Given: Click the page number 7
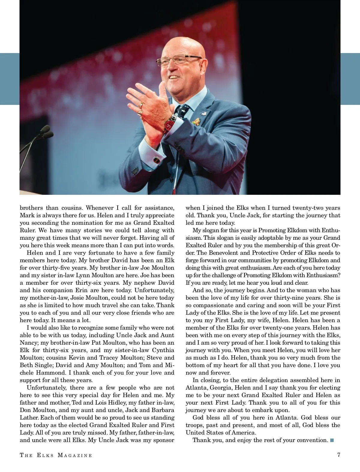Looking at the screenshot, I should (338, 455).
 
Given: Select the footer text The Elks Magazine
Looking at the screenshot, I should (56, 455).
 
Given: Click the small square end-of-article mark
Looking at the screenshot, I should (331, 440).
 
